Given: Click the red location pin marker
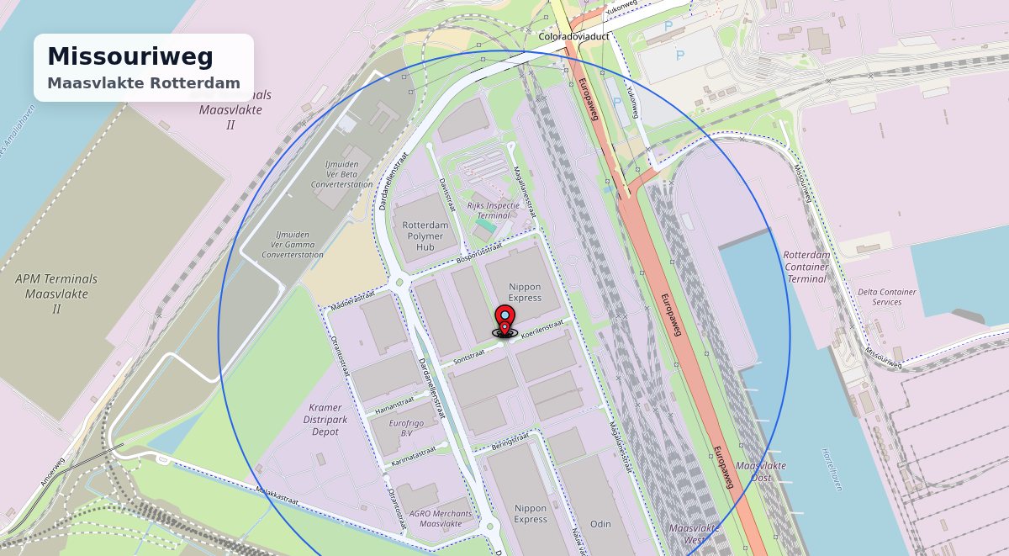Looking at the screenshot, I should click(504, 319).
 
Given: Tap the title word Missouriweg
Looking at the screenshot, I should click(130, 56).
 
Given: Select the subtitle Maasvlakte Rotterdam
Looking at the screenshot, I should click(144, 83).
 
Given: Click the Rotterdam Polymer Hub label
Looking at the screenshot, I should click(425, 236).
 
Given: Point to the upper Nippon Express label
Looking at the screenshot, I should click(525, 292).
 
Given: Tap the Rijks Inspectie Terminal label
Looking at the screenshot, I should click(494, 210).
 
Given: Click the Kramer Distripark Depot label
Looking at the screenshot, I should click(325, 419).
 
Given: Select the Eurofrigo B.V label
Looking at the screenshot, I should click(407, 427).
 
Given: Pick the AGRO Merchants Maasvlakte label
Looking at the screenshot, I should click(441, 518).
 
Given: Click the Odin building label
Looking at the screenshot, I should click(600, 524).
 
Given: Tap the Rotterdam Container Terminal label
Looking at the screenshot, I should click(806, 267).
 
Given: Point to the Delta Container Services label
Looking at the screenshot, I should click(887, 297).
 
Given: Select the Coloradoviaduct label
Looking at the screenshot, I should click(573, 38).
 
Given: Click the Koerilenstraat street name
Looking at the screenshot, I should click(541, 331).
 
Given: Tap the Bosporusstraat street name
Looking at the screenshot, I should click(479, 253).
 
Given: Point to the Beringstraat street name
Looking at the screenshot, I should click(510, 441).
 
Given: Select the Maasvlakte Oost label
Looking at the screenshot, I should click(761, 471).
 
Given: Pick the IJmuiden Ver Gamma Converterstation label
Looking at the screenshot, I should click(293, 245).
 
